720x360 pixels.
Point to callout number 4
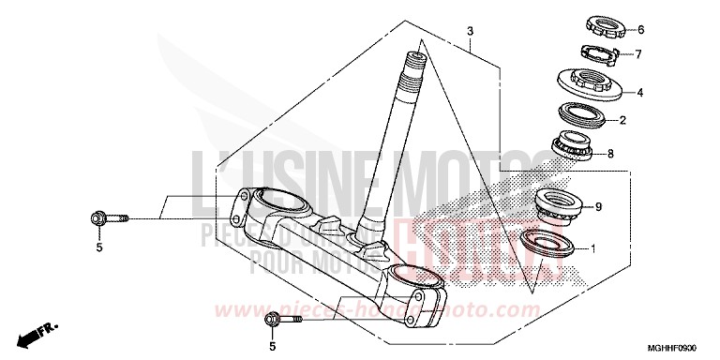pyautogui.click(x=639, y=93)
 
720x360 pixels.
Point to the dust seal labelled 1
pyautogui.click(x=545, y=243)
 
